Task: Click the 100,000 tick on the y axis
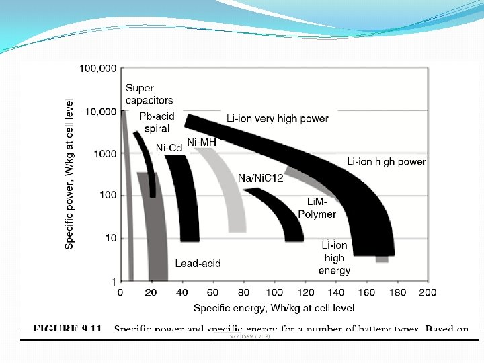click(97, 68)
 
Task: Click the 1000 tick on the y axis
click(105, 153)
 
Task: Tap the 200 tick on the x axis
click(428, 292)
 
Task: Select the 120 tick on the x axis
click(305, 292)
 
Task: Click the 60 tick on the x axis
click(212, 292)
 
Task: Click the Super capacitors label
click(149, 94)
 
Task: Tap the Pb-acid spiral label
click(157, 122)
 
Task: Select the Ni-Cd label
click(169, 147)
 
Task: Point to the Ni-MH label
click(202, 142)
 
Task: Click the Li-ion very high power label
click(278, 118)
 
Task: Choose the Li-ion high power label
click(386, 161)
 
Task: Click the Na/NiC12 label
click(261, 177)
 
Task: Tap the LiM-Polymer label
click(317, 208)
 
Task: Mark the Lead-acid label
click(198, 264)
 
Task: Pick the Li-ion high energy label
click(334, 258)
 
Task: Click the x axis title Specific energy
click(274, 308)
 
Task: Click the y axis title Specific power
click(70, 171)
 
